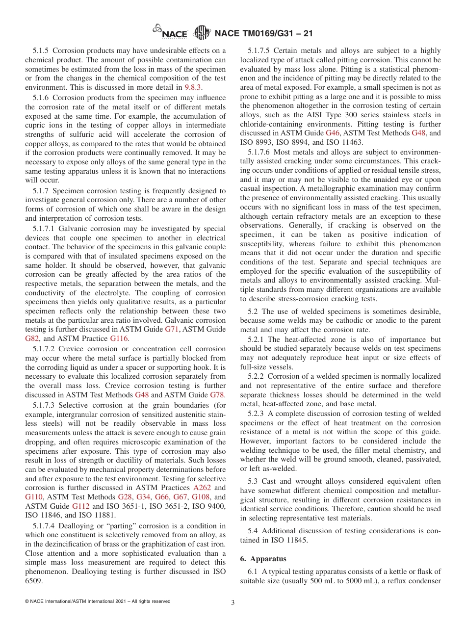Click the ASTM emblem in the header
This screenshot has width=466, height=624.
click(x=202, y=32)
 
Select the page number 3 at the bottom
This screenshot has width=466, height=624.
click(x=233, y=603)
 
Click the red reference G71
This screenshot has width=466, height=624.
click(x=172, y=329)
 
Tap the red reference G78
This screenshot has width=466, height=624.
click(x=218, y=394)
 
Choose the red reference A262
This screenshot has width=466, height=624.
click(x=202, y=488)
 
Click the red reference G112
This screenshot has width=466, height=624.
click(x=81, y=506)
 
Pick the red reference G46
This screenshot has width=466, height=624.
click(x=332, y=133)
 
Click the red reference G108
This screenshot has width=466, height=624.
click(x=201, y=497)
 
